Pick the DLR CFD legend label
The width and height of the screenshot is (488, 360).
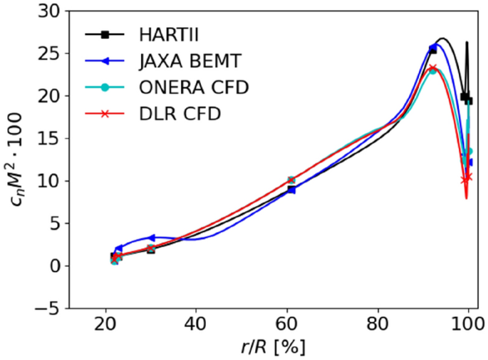tap(170, 113)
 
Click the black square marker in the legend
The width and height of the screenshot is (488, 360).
tap(105, 34)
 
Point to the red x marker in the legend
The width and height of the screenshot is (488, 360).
tap(105, 113)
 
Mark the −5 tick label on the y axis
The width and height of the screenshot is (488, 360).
tap(50, 308)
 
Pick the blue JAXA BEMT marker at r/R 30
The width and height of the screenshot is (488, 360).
tap(151, 237)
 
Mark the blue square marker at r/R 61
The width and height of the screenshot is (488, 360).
tap(291, 190)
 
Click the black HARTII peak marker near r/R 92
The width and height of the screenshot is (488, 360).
tap(432, 50)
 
